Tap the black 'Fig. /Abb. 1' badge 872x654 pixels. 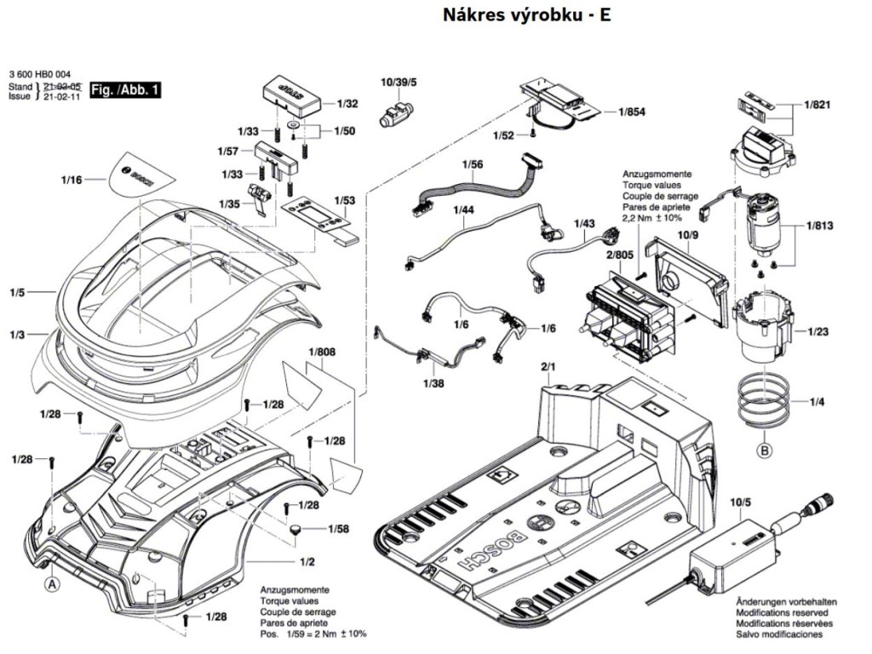tap(126, 89)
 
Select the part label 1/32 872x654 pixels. tap(347, 103)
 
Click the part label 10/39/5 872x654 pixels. tap(399, 82)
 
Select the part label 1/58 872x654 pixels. tap(338, 530)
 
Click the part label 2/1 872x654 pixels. tap(547, 367)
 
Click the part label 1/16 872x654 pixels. tap(72, 181)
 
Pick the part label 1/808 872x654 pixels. tap(322, 352)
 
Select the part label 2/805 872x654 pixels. tap(618, 255)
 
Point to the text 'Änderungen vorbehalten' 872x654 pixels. tap(785, 601)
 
